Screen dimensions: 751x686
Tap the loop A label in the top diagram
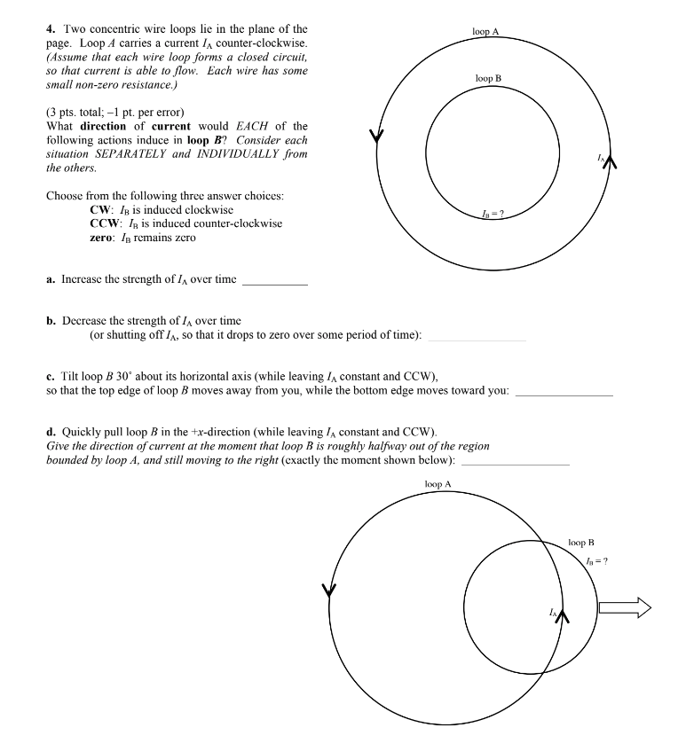[485, 31]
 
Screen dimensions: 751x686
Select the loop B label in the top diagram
[488, 79]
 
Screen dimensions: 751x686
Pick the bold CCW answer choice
[103, 223]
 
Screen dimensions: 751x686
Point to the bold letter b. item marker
[51, 320]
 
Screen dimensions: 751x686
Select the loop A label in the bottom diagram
[438, 484]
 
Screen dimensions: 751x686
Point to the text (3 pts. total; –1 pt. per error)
[114, 113]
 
